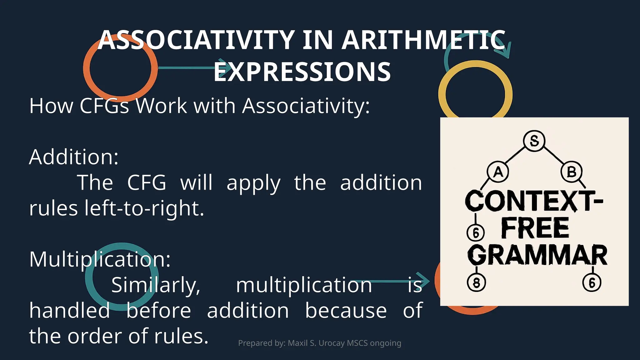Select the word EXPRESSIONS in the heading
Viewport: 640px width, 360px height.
pos(302,72)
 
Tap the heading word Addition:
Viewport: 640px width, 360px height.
pos(74,157)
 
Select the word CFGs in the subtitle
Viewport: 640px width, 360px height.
pos(104,106)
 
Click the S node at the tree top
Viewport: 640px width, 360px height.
pos(534,141)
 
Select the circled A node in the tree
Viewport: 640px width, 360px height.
pos(498,172)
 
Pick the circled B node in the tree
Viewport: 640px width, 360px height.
pos(571,172)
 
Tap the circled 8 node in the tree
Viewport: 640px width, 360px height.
pos(476,283)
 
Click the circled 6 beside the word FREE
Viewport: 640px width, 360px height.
pos(476,233)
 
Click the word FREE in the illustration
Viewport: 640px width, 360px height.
pos(535,228)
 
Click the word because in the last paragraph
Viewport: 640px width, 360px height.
pos(346,311)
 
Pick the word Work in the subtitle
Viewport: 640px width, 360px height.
pos(161,106)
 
